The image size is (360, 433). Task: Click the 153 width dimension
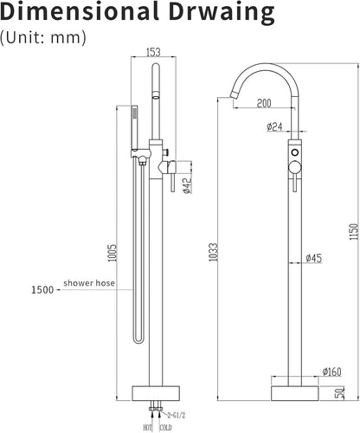[x=153, y=52]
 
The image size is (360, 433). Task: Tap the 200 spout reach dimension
[x=264, y=103]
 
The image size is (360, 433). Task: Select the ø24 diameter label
[x=274, y=126]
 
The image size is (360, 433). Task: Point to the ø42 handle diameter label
[x=187, y=185]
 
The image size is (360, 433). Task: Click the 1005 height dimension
[x=112, y=253]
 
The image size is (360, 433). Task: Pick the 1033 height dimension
[x=214, y=252]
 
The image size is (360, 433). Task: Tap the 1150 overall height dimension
[x=353, y=231]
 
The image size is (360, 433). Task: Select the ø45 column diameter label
[x=313, y=258]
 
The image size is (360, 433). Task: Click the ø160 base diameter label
[x=332, y=372]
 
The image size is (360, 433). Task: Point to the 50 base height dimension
[x=340, y=393]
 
